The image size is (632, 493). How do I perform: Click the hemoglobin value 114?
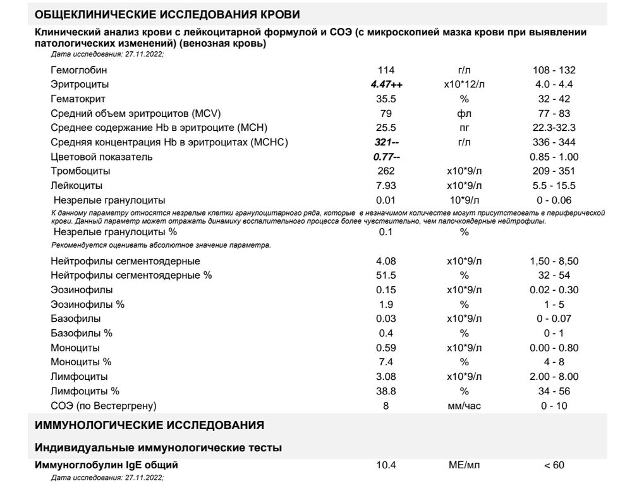tap(386, 70)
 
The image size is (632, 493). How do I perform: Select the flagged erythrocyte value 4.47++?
tap(386, 85)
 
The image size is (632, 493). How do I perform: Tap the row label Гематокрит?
tap(78, 99)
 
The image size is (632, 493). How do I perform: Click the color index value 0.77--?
tap(386, 157)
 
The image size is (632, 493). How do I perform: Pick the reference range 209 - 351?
tap(554, 171)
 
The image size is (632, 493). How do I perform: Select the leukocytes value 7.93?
tap(386, 186)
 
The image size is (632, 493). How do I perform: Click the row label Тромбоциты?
tap(80, 171)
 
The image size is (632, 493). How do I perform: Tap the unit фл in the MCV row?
tap(464, 114)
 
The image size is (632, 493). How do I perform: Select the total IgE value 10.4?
tap(386, 465)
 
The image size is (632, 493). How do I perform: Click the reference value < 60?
tap(554, 465)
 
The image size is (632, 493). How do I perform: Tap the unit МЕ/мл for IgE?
tap(464, 465)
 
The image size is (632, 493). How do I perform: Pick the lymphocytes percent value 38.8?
tap(386, 391)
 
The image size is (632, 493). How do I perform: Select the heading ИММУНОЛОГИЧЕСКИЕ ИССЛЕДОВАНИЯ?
tap(149, 425)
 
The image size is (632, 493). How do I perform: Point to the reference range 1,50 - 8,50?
tap(554, 261)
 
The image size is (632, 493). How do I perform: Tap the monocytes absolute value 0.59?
tap(386, 348)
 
